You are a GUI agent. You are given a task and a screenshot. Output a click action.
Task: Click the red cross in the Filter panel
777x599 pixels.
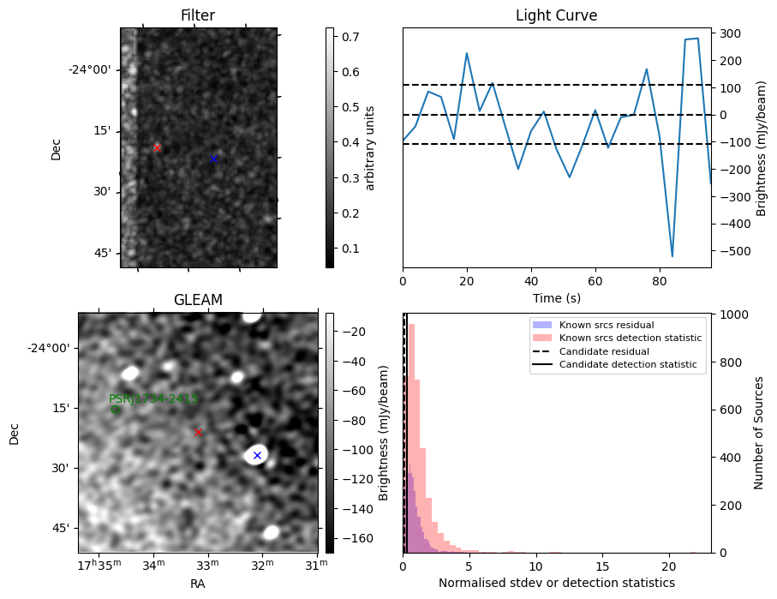[157, 147]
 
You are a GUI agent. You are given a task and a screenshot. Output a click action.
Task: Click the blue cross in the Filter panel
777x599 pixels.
[213, 159]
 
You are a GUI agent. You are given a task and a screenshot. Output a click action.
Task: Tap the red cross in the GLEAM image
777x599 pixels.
[198, 432]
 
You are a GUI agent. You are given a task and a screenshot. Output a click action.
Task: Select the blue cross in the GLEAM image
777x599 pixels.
[257, 455]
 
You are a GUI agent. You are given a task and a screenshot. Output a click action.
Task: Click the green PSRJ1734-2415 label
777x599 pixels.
[153, 398]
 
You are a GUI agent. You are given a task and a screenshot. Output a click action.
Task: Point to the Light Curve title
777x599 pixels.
[556, 15]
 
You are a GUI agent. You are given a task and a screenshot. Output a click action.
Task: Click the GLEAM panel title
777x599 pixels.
[198, 300]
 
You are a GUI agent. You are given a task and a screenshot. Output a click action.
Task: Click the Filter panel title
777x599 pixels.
[198, 15]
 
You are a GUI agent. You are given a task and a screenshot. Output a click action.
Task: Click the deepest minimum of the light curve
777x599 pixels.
[672, 256]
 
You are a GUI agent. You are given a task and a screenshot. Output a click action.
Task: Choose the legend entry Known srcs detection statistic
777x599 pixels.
[630, 338]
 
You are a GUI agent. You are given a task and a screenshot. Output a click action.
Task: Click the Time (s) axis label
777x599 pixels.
[556, 297]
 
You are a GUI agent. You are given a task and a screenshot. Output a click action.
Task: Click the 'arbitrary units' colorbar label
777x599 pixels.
[370, 147]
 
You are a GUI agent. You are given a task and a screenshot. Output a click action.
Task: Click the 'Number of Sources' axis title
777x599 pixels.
[760, 433]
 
